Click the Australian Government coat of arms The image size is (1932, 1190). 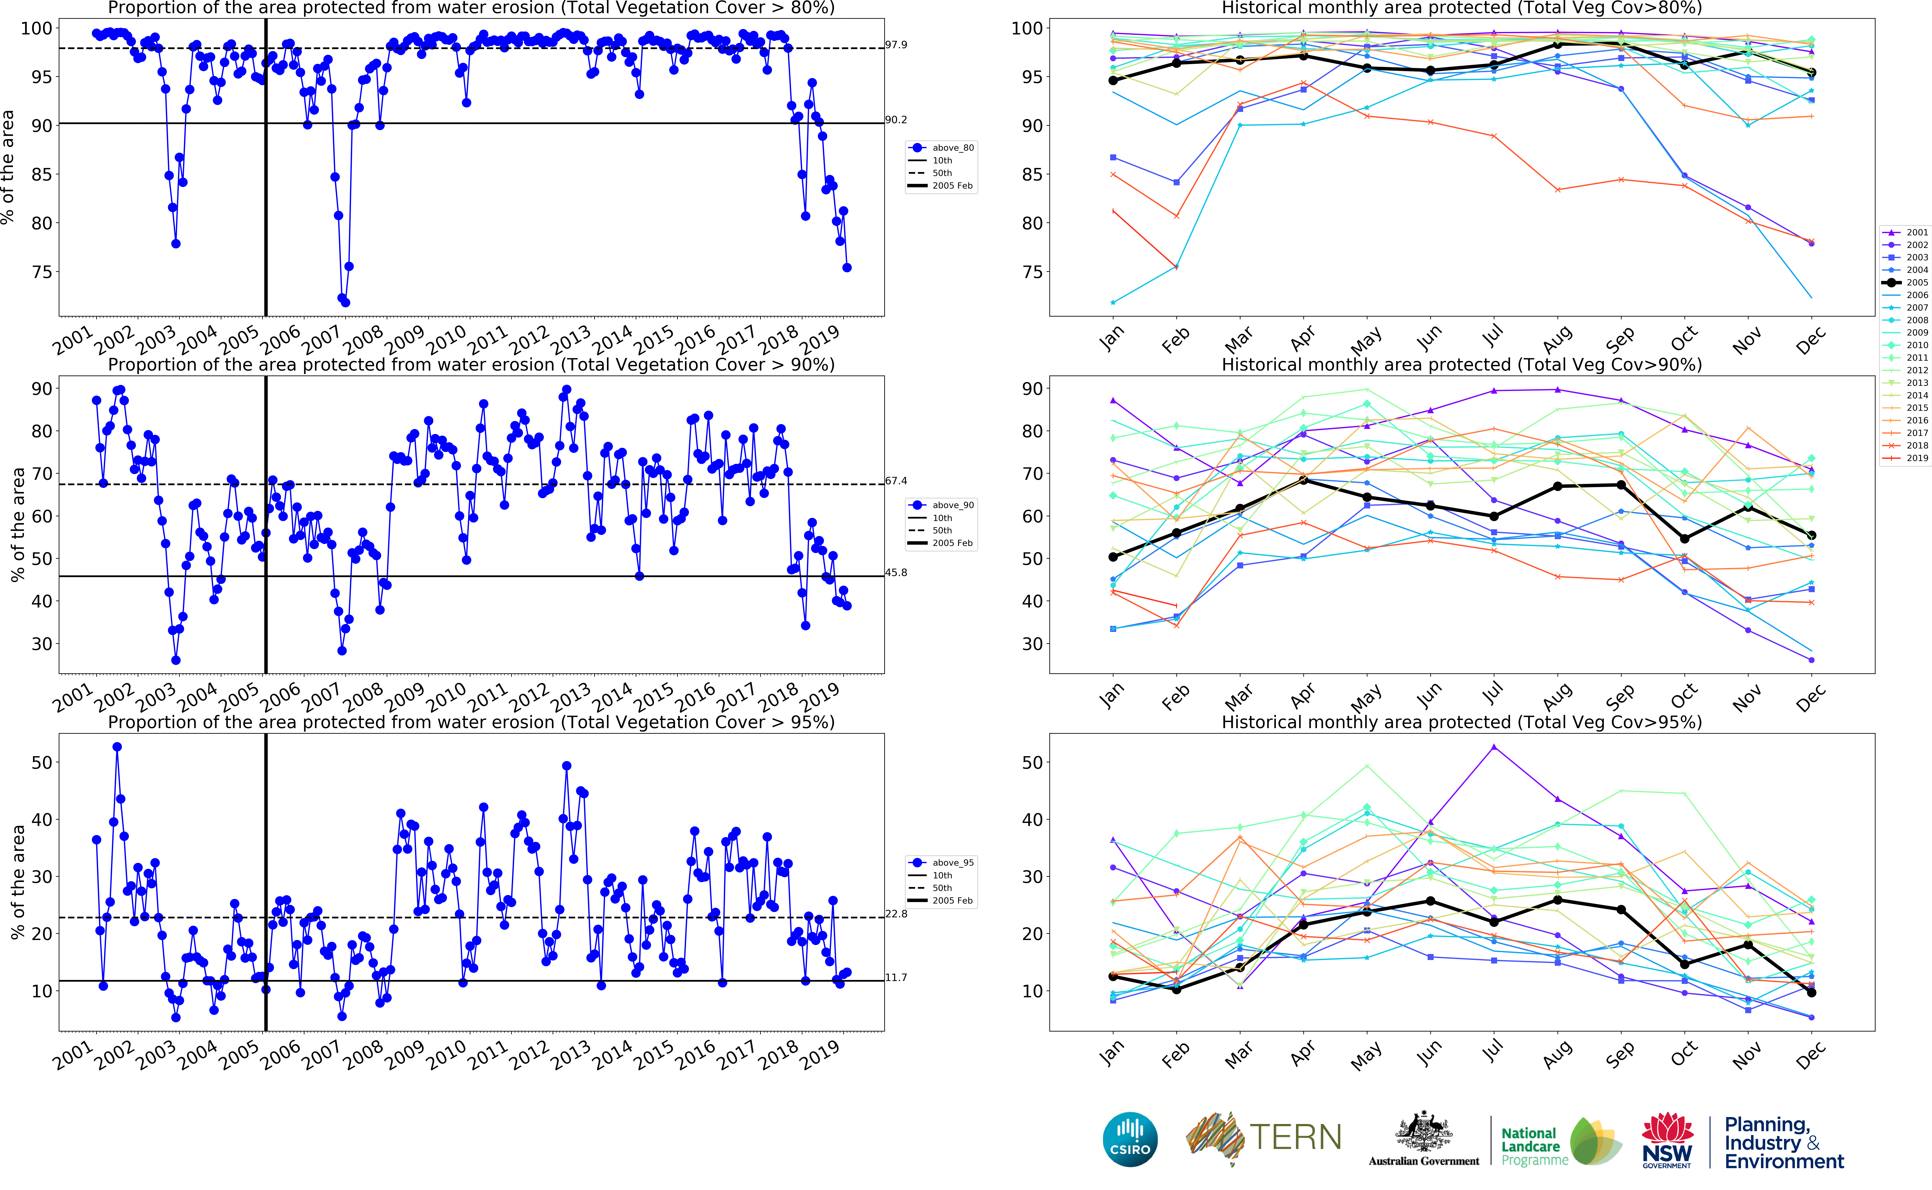coord(1423,1133)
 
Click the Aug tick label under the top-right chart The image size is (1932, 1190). coord(1557,340)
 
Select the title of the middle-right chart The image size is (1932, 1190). coord(1461,365)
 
